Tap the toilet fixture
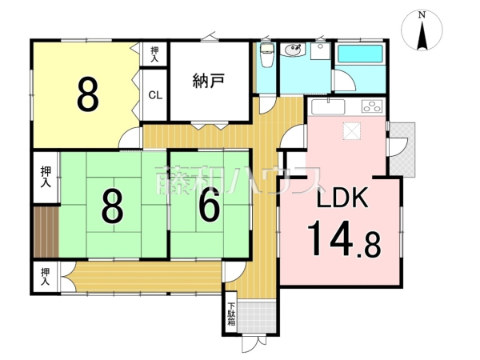[266, 55]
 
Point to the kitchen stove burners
[373, 106]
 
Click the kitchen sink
[327, 106]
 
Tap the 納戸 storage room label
[208, 80]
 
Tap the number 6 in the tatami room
[209, 207]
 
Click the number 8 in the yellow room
[88, 94]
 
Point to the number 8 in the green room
[112, 207]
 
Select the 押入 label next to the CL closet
[154, 54]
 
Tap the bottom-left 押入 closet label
[46, 276]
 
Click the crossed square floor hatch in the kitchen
[353, 133]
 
